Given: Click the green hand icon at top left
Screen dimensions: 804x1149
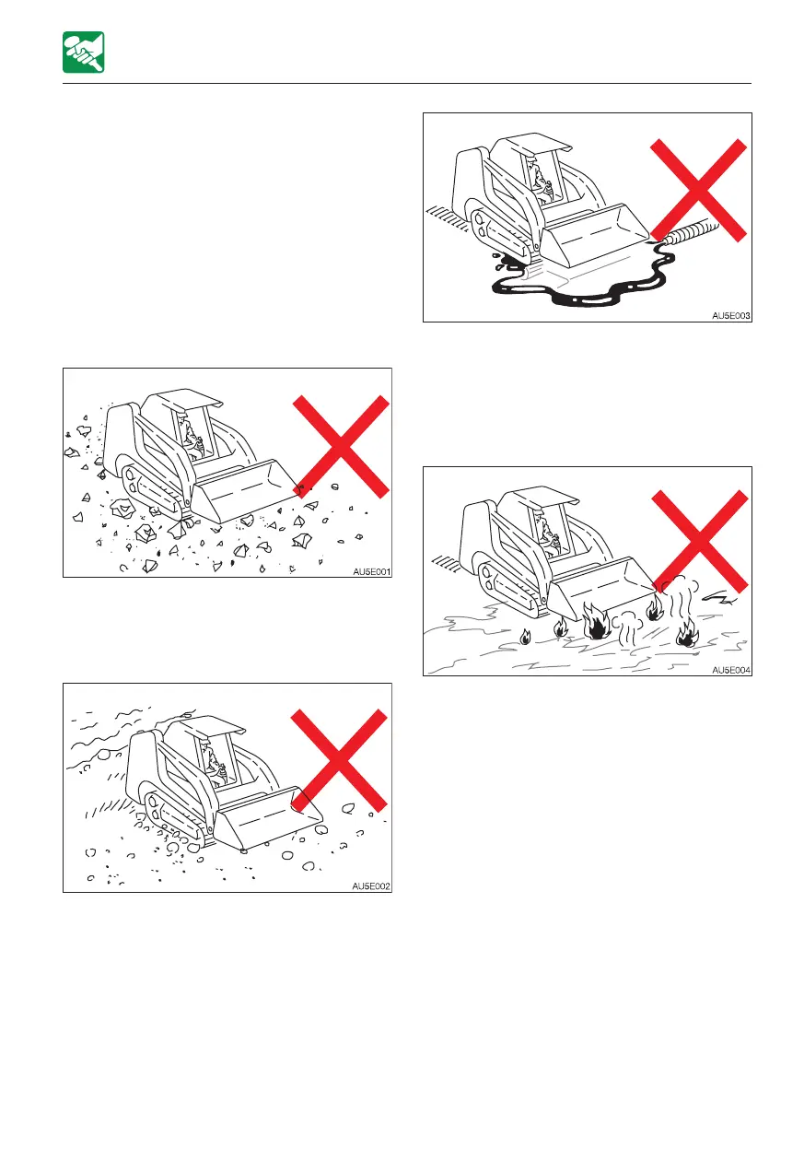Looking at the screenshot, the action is (x=84, y=53).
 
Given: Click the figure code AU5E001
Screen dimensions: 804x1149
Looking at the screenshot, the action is (x=372, y=571).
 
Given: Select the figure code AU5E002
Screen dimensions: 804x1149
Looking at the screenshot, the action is (x=371, y=886).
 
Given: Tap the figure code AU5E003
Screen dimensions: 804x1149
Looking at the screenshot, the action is (x=731, y=316).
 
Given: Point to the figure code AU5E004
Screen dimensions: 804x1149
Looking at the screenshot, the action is (x=731, y=670).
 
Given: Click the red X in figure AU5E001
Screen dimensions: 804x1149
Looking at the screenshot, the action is (x=341, y=446).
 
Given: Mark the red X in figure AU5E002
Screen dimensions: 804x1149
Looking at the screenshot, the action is (x=339, y=761).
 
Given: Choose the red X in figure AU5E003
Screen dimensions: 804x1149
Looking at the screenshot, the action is (x=698, y=190).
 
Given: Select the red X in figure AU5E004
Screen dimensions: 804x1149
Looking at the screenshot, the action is (x=700, y=541).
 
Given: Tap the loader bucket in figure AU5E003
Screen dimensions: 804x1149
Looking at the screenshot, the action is (x=595, y=236).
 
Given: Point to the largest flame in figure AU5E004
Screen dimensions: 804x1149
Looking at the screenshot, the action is (x=596, y=622).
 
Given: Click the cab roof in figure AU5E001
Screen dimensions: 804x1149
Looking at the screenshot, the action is (x=187, y=398).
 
